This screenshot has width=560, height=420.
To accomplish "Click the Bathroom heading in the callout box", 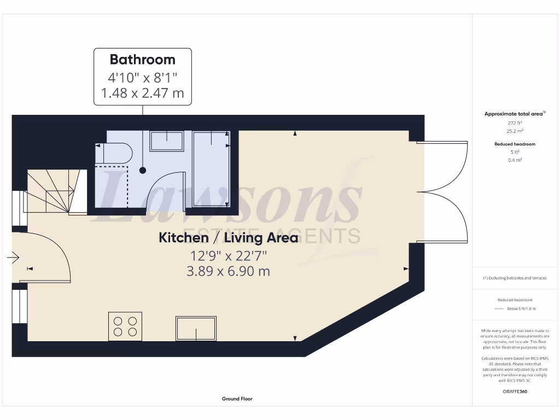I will coord(143,59).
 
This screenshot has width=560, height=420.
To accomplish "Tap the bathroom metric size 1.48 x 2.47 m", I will coord(143,93).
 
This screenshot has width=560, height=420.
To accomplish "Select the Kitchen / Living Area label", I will coord(228,237).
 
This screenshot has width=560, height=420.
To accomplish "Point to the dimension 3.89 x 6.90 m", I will coord(228,271).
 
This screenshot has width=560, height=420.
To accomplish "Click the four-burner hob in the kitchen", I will coord(125,326).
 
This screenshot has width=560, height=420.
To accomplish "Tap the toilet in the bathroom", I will coord(115,153).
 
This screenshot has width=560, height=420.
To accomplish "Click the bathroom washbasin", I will coord(167,141).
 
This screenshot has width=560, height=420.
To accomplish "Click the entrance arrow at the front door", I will coord(14,257).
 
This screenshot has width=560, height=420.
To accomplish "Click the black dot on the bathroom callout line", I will coord(143,170).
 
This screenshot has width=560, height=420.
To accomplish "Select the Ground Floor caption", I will coord(237,399).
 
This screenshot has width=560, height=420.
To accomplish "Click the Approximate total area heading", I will coord(514,114).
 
